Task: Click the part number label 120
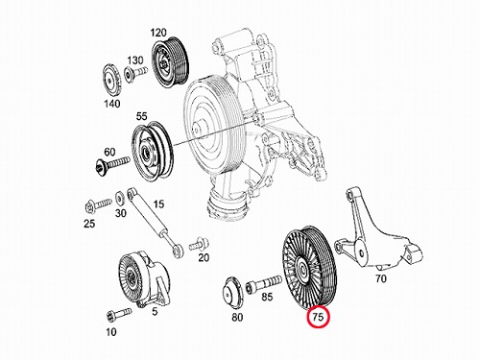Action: coord(158,33)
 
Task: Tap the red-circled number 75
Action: coord(318,317)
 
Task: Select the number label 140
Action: coord(112,104)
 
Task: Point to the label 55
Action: coord(141,116)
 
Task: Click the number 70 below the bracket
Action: coord(381,278)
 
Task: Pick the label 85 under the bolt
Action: coord(267,297)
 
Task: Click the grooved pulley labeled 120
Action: coord(170,61)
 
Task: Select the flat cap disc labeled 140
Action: coord(111,80)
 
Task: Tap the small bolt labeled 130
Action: coord(135,73)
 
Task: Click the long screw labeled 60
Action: coord(112,164)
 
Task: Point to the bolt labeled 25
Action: coord(99,204)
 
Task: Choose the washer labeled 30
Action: coord(120,199)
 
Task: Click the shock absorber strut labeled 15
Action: coord(155,223)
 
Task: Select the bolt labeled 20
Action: coord(199,245)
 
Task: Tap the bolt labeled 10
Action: coord(119,314)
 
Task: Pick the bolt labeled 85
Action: coord(264,283)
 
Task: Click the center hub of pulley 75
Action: coord(302,270)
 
